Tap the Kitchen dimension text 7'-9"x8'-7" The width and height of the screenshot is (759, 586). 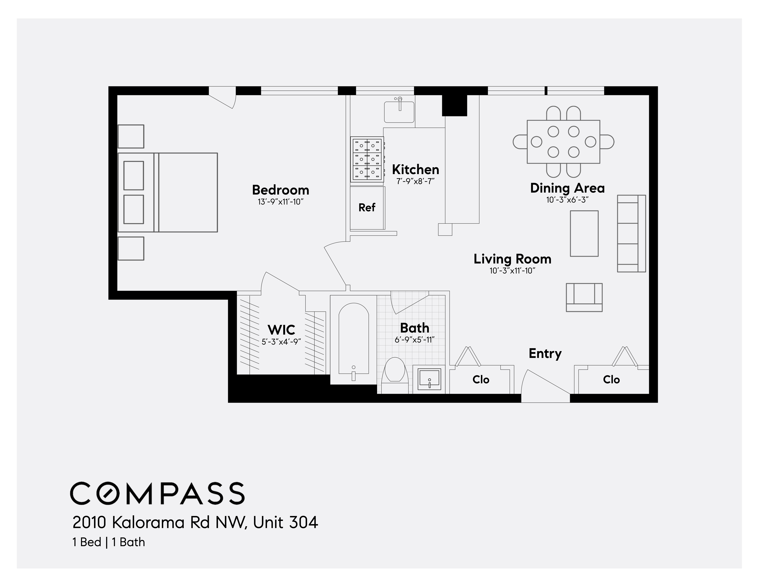coord(416,181)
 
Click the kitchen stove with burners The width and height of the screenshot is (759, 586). coord(367,159)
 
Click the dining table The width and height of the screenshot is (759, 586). coord(563,142)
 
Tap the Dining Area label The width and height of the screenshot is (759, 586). coord(567,188)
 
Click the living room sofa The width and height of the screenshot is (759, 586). coord(631,233)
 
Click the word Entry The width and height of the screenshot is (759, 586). coord(545,353)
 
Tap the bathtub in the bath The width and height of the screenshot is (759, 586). coord(353,339)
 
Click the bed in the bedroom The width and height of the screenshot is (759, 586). coord(168,192)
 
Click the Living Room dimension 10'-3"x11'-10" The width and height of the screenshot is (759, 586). coord(512,271)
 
